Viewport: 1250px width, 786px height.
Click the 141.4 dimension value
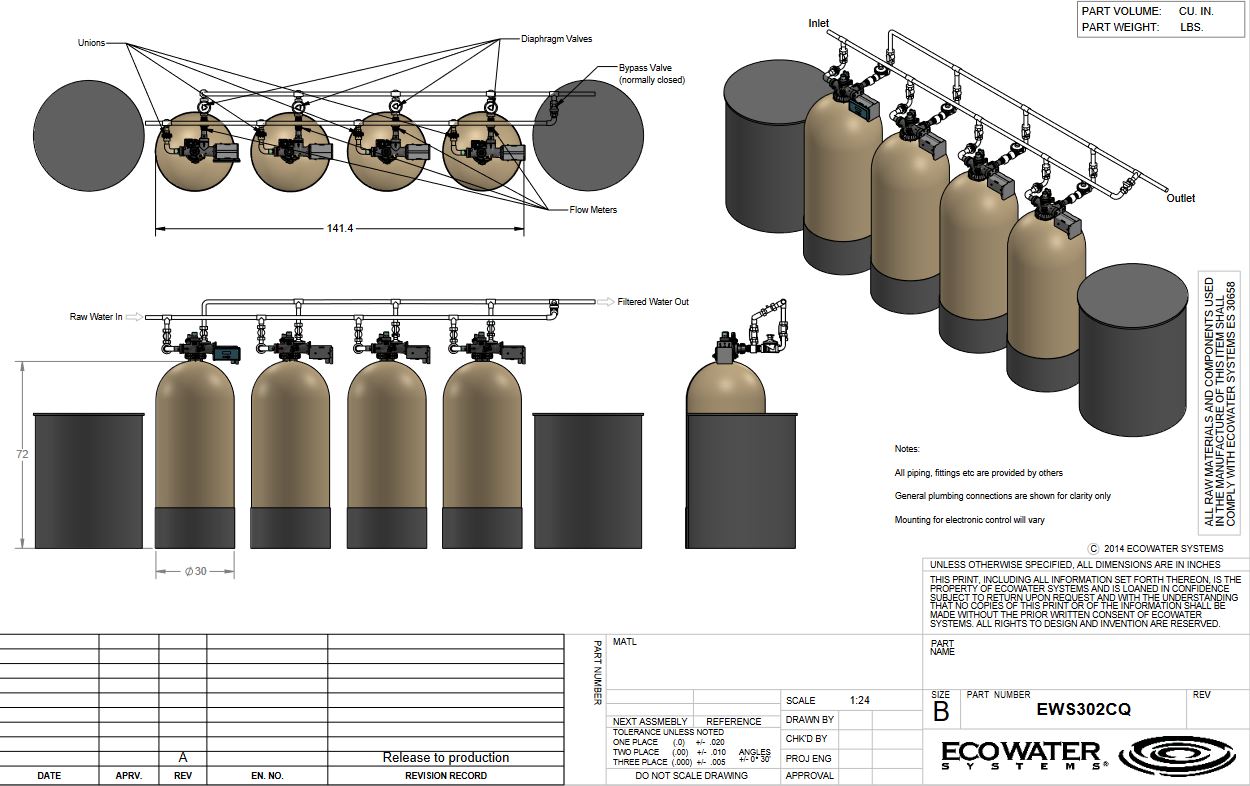[340, 228]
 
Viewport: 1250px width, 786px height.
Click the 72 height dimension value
[22, 454]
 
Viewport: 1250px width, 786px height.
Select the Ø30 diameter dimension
[196, 571]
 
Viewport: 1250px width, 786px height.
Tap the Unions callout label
[92, 43]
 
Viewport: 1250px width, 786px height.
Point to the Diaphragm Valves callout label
[556, 39]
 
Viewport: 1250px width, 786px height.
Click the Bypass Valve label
[645, 67]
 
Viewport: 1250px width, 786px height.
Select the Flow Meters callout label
[593, 210]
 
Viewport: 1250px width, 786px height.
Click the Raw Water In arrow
[134, 317]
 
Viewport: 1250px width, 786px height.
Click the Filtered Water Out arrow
[605, 302]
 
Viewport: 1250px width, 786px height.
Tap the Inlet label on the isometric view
[819, 23]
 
